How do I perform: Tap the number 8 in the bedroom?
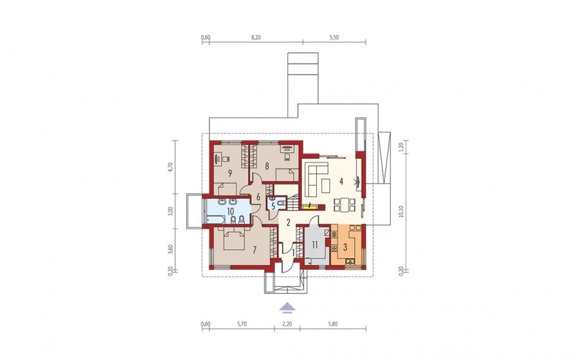click(267, 166)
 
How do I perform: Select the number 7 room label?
click(254, 250)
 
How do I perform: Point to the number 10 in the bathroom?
click(230, 211)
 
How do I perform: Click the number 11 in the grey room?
click(315, 245)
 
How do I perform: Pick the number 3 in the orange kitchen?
click(345, 247)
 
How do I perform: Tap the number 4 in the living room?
click(341, 182)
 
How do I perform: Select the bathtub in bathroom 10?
click(215, 220)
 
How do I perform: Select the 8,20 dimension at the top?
click(256, 37)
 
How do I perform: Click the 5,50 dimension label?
click(334, 37)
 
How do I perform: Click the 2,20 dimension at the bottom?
click(287, 324)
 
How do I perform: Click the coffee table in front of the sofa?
click(326, 185)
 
